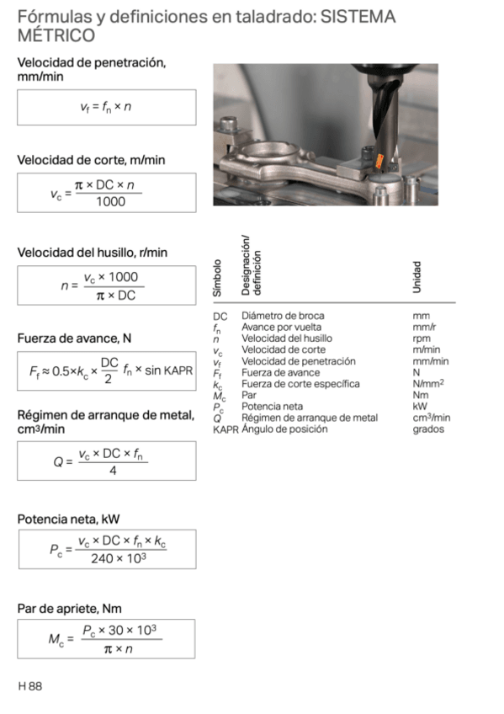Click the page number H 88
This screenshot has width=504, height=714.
tap(29, 686)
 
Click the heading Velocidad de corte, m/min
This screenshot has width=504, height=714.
tap(91, 160)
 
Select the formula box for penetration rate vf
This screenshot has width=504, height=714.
tap(106, 108)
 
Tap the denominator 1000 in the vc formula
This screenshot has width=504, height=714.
tap(105, 201)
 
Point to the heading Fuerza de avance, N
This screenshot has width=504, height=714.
tap(74, 338)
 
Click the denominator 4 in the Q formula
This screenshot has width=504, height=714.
tap(112, 471)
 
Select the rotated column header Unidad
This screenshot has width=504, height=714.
tap(417, 277)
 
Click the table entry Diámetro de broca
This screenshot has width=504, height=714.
tap(282, 316)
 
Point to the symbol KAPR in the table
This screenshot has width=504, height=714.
tap(225, 429)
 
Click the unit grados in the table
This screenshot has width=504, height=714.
tap(428, 429)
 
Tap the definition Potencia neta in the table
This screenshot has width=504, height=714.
tap(273, 407)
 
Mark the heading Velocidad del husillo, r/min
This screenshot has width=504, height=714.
tap(93, 253)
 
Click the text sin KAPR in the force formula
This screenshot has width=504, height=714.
tap(170, 371)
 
